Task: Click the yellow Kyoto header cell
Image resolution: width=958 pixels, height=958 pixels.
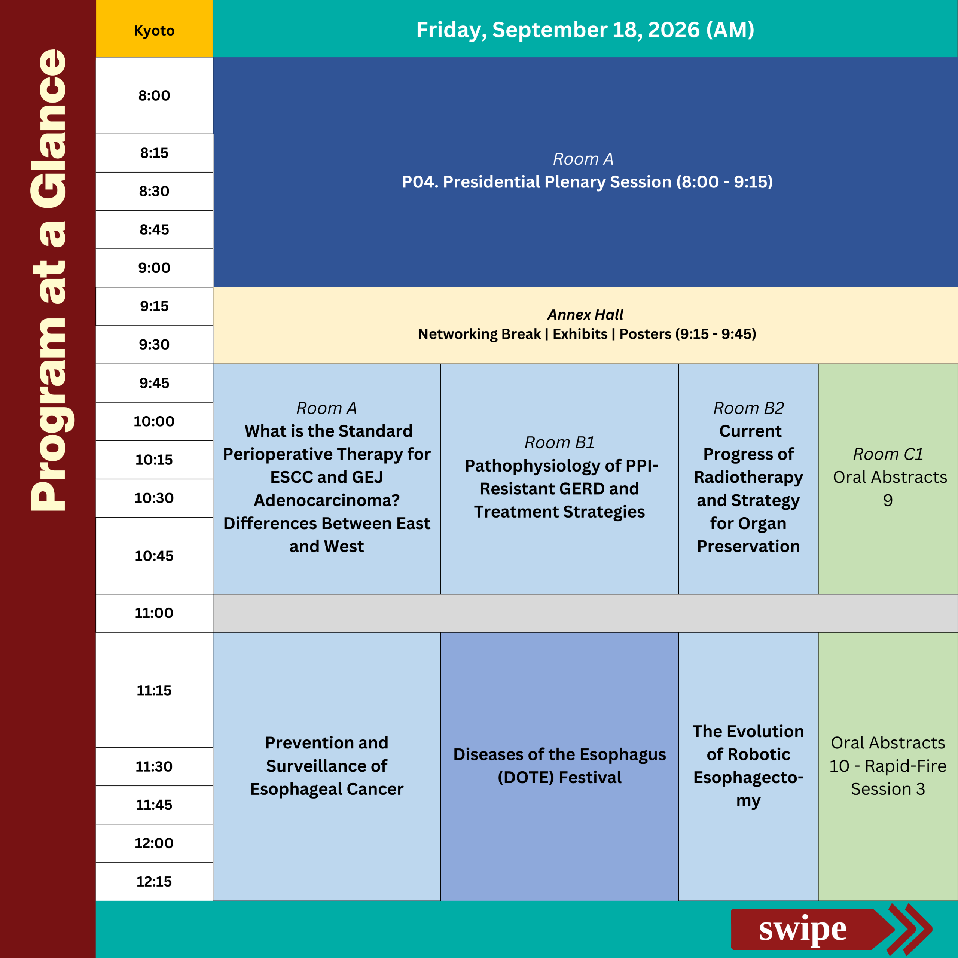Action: click(154, 29)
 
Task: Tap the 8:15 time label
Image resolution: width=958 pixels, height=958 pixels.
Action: click(154, 153)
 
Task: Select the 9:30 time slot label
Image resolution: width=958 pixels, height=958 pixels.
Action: click(154, 344)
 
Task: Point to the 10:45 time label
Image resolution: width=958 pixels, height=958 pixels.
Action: click(154, 555)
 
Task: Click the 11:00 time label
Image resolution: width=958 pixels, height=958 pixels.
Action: click(154, 613)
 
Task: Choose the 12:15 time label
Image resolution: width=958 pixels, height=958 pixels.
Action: click(154, 881)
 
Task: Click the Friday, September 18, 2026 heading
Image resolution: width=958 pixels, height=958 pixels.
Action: click(585, 30)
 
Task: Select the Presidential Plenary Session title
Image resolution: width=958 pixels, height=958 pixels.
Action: click(587, 182)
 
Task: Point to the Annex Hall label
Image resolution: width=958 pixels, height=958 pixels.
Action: click(585, 314)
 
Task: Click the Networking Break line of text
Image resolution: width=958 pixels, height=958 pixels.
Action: click(587, 334)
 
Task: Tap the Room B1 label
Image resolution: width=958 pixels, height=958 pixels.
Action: click(559, 442)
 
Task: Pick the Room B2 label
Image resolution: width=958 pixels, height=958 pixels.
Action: click(748, 408)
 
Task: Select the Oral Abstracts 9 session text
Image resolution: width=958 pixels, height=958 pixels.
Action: click(890, 488)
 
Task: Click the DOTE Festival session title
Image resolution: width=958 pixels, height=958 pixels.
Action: click(559, 766)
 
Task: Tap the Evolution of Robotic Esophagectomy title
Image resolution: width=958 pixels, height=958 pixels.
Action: click(748, 766)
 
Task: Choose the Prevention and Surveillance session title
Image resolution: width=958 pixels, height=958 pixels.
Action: click(327, 766)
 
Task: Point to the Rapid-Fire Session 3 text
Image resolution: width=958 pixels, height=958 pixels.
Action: click(888, 766)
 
